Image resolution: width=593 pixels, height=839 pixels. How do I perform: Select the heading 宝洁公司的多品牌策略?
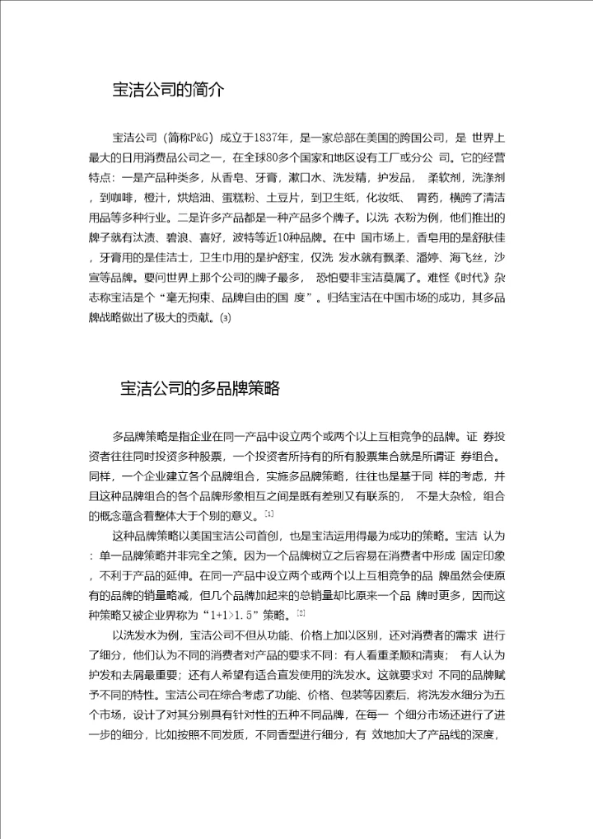(200, 388)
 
